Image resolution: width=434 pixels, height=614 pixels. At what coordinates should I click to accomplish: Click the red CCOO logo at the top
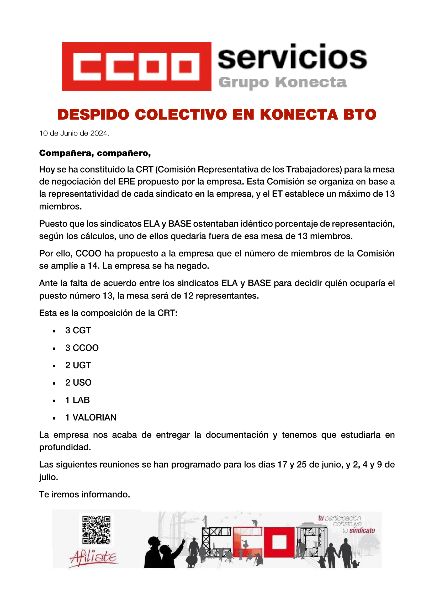(x=136, y=66)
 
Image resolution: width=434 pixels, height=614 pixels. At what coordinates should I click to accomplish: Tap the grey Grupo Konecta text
(x=283, y=82)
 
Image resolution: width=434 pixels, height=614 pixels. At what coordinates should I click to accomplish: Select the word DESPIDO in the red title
(x=93, y=114)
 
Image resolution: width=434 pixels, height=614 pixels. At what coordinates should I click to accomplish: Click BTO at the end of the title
(x=360, y=114)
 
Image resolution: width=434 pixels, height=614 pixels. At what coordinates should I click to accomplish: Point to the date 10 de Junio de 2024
(x=74, y=133)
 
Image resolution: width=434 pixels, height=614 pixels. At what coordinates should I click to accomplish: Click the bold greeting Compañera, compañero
(x=95, y=153)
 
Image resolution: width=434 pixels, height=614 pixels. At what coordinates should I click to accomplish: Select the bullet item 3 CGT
(x=78, y=330)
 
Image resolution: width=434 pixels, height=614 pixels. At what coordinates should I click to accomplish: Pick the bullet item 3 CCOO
(x=82, y=348)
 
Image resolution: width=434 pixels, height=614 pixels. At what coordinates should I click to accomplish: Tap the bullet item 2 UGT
(x=78, y=365)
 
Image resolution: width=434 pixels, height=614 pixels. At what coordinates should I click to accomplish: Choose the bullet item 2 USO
(x=78, y=382)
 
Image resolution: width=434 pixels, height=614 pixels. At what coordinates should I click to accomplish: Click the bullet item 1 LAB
(x=77, y=400)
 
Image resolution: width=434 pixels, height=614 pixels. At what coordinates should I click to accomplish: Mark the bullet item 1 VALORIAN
(x=91, y=417)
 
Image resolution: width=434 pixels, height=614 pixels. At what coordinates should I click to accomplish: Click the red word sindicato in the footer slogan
(x=362, y=530)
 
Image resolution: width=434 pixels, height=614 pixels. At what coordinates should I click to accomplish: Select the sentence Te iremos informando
(x=84, y=494)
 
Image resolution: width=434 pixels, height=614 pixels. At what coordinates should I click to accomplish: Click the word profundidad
(x=65, y=447)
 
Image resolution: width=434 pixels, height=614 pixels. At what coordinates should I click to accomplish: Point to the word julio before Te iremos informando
(x=48, y=477)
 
